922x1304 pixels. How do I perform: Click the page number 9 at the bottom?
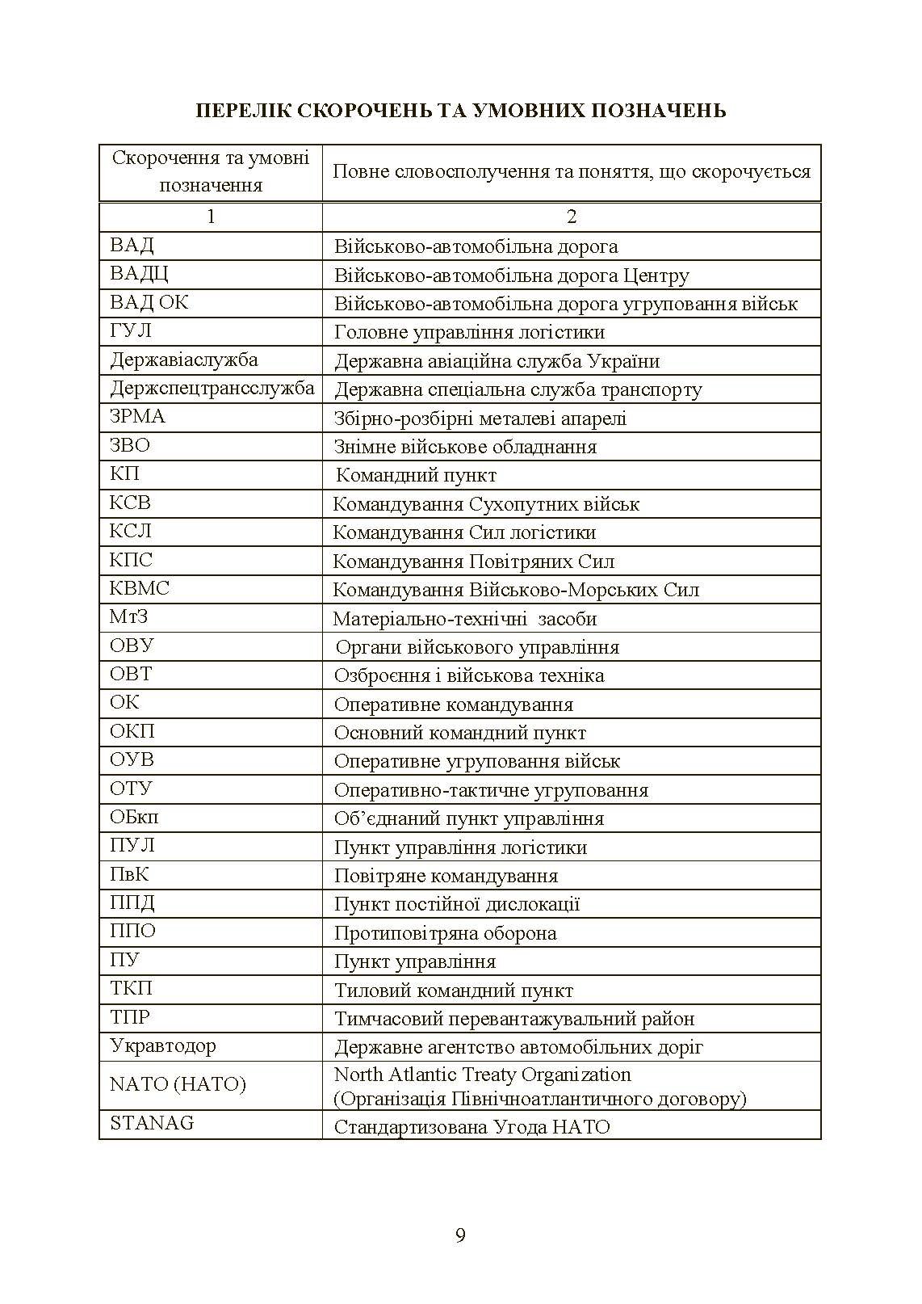pyautogui.click(x=460, y=1235)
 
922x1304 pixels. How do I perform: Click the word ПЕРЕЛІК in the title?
pyautogui.click(x=243, y=111)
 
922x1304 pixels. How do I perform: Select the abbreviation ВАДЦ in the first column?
pyautogui.click(x=140, y=274)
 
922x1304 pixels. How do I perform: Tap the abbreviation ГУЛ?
pyautogui.click(x=131, y=331)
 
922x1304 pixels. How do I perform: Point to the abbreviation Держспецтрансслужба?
pyautogui.click(x=212, y=389)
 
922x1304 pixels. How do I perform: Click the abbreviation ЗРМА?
pyautogui.click(x=137, y=417)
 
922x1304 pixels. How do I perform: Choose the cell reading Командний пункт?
pyautogui.click(x=416, y=475)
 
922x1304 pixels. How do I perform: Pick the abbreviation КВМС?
pyautogui.click(x=140, y=588)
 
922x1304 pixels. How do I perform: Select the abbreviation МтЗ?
pyautogui.click(x=129, y=617)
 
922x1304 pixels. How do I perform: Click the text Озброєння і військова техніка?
pyautogui.click(x=469, y=675)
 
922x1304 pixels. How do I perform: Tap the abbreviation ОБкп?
pyautogui.click(x=134, y=817)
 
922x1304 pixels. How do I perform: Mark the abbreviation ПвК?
pyautogui.click(x=129, y=874)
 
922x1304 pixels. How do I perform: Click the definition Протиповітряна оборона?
pyautogui.click(x=445, y=933)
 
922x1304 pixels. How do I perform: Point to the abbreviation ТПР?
pyautogui.click(x=130, y=1017)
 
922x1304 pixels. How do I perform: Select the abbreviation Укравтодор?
pyautogui.click(x=163, y=1046)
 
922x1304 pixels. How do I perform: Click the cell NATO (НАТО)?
pyautogui.click(x=178, y=1084)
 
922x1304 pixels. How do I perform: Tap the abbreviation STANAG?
pyautogui.click(x=152, y=1123)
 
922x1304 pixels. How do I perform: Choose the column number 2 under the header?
pyautogui.click(x=572, y=217)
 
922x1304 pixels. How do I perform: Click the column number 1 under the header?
pyautogui.click(x=211, y=217)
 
